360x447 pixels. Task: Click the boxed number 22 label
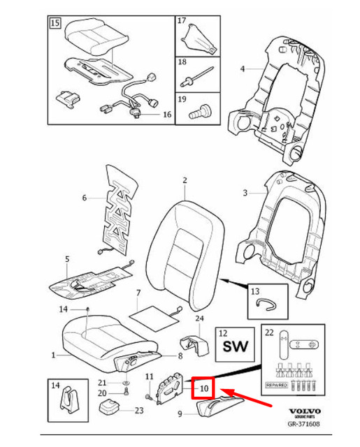[271, 332]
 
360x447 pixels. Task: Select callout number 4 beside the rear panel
[243, 69]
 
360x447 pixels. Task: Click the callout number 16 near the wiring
[166, 114]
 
